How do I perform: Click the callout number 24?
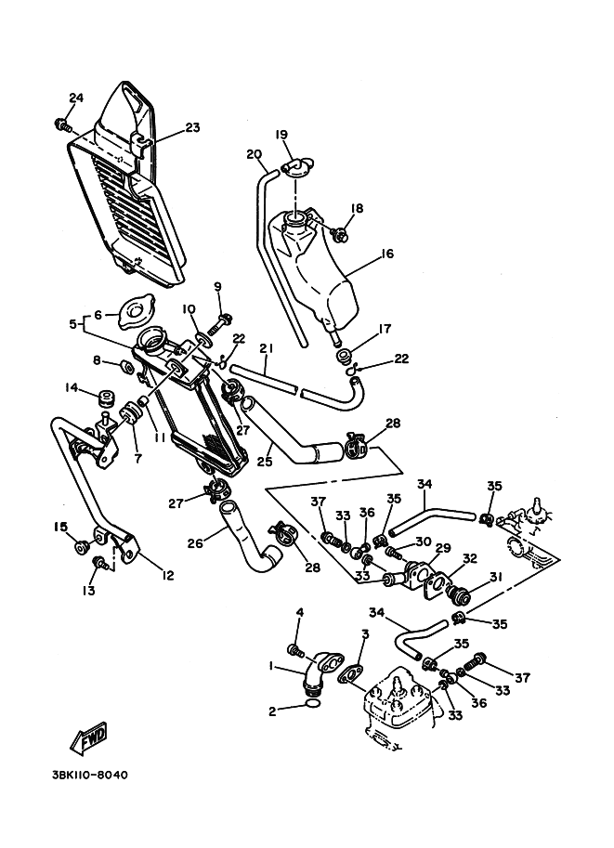[x=75, y=98]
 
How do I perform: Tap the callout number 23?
[x=191, y=129]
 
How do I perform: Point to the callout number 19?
[x=281, y=134]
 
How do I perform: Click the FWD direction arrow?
[x=89, y=738]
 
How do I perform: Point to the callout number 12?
[x=167, y=576]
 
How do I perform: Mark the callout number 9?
[x=217, y=286]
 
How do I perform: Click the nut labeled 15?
[x=80, y=542]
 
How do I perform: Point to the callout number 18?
[x=357, y=208]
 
